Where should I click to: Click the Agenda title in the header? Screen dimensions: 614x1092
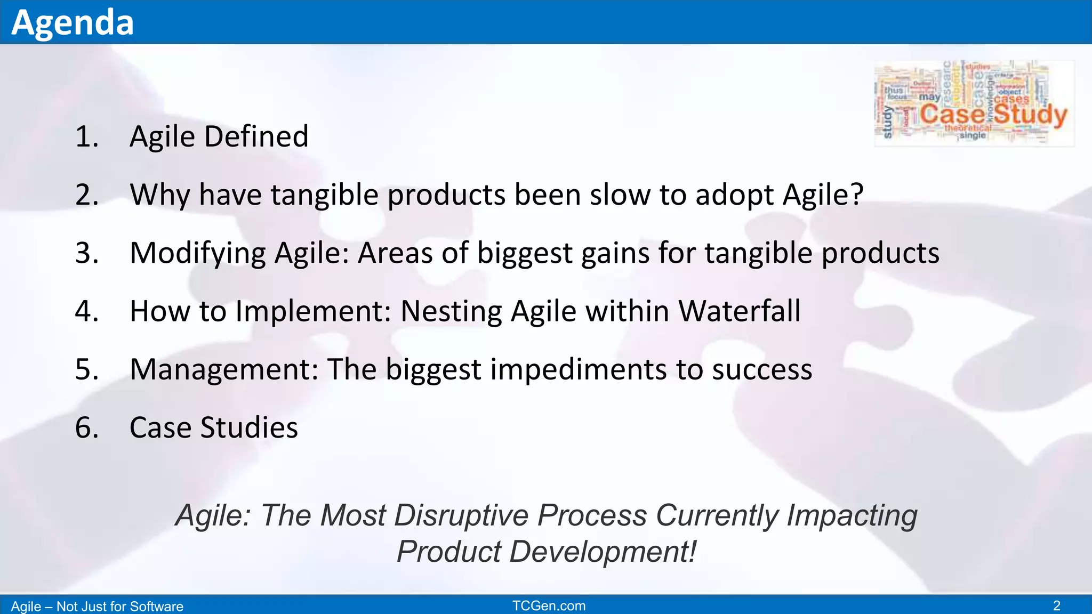73,22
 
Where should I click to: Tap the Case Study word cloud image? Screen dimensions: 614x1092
974,103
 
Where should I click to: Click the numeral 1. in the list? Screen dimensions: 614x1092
87,136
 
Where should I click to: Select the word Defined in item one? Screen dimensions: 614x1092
256,136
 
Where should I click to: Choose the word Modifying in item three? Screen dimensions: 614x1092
198,253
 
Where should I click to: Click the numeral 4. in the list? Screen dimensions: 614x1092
87,311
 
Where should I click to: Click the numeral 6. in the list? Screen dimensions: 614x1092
87,427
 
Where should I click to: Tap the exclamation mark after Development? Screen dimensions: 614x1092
692,551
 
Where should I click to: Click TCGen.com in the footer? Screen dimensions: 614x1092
549,605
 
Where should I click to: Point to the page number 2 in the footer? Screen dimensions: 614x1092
1056,605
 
